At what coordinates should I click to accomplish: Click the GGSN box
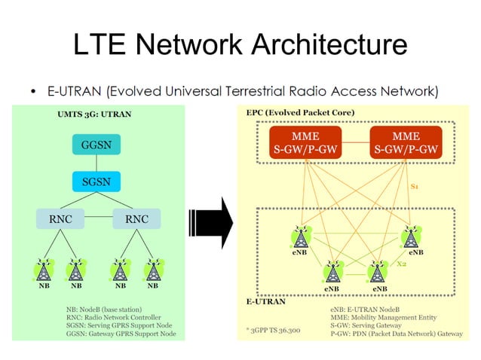pos(96,143)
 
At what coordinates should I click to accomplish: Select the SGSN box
pos(96,182)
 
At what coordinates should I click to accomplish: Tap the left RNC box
pos(57,219)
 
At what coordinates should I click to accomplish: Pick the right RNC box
pos(136,219)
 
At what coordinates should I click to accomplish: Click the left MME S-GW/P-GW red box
pos(306,143)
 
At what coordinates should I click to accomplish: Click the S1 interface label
pos(415,185)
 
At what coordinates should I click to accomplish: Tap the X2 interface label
pos(402,264)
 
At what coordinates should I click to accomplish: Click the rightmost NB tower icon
pos(153,269)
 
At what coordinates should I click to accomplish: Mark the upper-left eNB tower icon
pos(300,237)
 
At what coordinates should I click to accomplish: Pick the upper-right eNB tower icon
pos(412,237)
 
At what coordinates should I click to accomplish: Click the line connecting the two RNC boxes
pos(97,219)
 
